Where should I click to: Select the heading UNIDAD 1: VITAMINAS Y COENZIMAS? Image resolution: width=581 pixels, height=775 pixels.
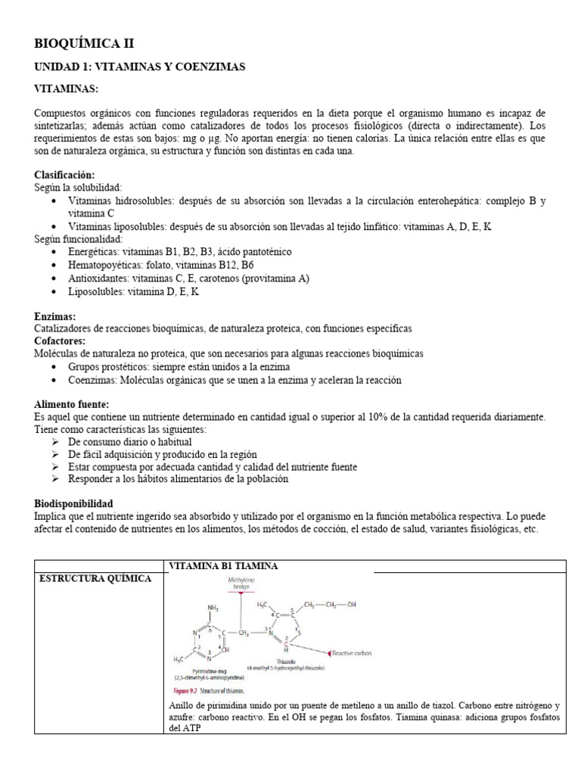[140, 67]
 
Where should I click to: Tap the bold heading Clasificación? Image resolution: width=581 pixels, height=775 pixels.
[67, 174]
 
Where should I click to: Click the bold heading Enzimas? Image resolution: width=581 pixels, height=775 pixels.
[54, 316]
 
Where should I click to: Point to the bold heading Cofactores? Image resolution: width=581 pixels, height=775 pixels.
[60, 341]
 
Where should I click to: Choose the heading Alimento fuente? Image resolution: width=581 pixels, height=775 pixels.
[72, 405]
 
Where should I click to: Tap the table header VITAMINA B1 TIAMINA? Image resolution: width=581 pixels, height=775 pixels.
[223, 566]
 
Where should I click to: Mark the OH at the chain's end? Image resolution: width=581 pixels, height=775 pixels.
[350, 605]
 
